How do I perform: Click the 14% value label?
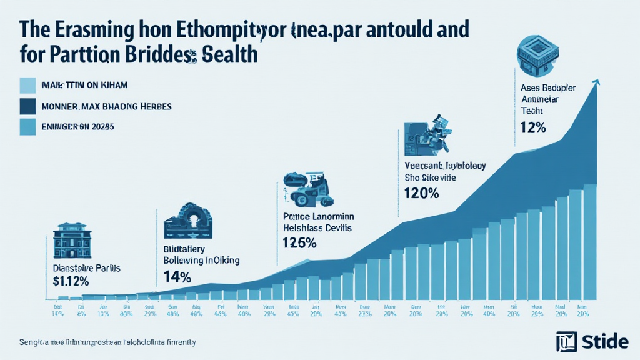click(177, 277)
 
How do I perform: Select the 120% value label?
click(422, 193)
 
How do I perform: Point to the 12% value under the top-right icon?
click(533, 127)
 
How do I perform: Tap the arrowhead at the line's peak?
click(597, 83)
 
